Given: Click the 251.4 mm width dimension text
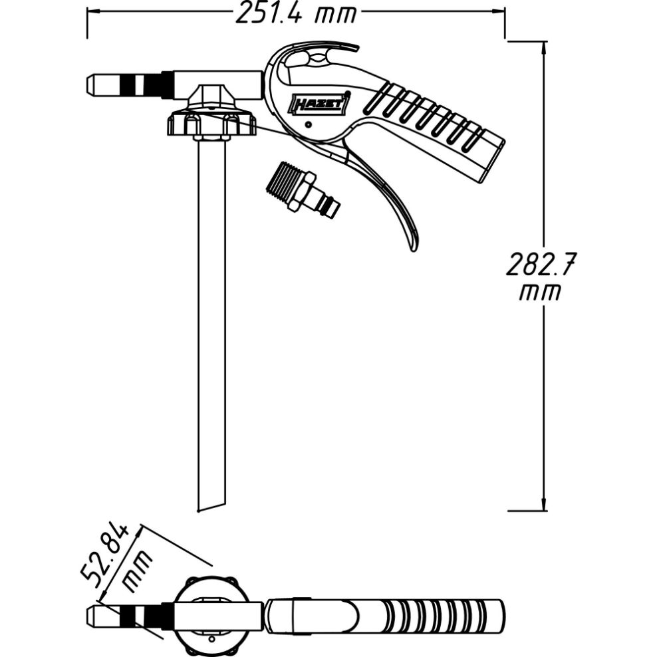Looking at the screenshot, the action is point(295,13).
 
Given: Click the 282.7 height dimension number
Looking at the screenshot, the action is point(539,264).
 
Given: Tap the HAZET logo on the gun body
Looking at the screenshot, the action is point(319,103).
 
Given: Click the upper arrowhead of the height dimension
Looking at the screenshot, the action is point(544,48).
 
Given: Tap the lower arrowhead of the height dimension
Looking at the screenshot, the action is point(544,503).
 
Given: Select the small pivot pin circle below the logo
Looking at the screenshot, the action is point(309,124).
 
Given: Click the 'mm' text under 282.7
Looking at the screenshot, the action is point(539,293).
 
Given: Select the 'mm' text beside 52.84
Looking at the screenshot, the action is point(136,571).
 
